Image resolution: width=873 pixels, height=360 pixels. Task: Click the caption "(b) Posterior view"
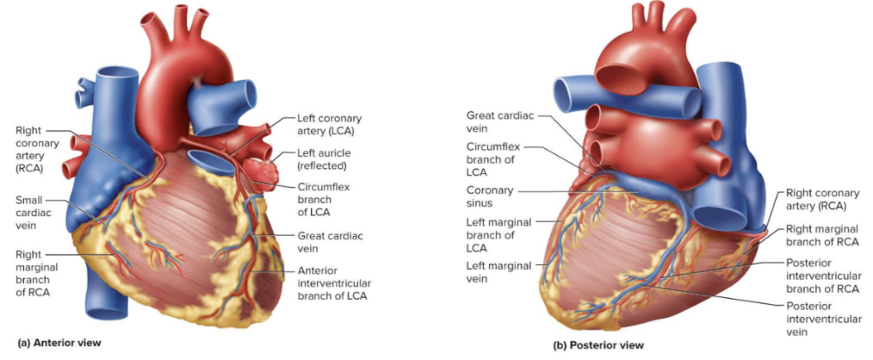[598, 347]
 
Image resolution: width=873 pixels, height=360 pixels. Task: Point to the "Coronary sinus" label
[490, 196]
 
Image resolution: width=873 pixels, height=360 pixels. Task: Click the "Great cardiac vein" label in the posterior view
[492, 121]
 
